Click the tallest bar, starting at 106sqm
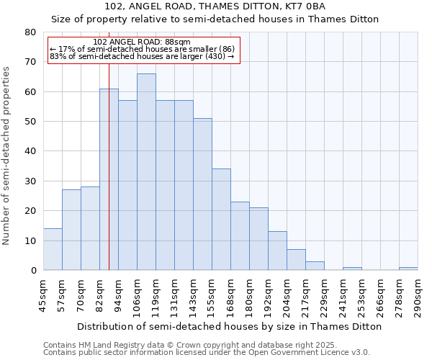(x=146, y=173)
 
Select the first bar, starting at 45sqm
(x=53, y=250)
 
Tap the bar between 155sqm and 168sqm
(x=221, y=220)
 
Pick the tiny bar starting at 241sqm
(x=352, y=269)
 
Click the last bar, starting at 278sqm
(x=408, y=269)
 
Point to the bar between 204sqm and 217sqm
(x=296, y=260)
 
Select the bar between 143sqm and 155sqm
(x=202, y=194)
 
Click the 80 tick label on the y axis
(x=30, y=32)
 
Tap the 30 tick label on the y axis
(x=30, y=181)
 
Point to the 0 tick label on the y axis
(x=32, y=271)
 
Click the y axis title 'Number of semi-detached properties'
(x=6, y=156)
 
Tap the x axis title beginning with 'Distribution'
(x=230, y=326)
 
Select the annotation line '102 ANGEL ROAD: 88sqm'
(x=142, y=42)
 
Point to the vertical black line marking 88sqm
(x=109, y=180)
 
